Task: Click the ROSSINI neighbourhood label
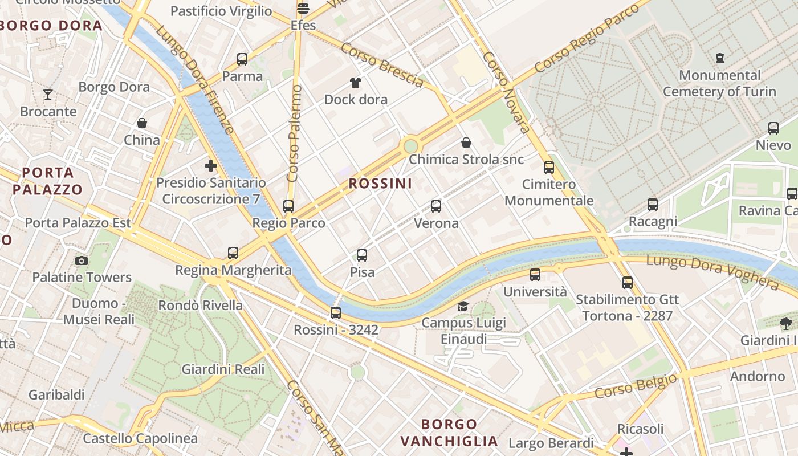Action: (380, 184)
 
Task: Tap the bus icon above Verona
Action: (436, 206)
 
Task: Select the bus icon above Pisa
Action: (362, 255)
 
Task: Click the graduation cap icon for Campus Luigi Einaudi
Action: (463, 307)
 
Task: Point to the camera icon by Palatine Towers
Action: (82, 260)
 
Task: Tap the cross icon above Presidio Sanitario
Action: (211, 166)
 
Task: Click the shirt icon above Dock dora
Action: (356, 83)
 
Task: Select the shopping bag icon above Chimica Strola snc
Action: (466, 142)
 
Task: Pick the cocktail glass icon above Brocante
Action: (48, 94)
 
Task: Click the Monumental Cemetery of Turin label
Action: (719, 83)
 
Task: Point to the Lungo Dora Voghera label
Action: (712, 272)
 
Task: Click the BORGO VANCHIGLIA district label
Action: (449, 433)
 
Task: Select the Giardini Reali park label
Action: (223, 369)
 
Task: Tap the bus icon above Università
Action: (535, 275)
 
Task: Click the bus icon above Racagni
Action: (653, 205)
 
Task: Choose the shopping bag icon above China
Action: (142, 123)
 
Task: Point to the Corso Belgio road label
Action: (636, 386)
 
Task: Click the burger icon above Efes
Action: (303, 9)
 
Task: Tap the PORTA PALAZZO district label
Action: (48, 181)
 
